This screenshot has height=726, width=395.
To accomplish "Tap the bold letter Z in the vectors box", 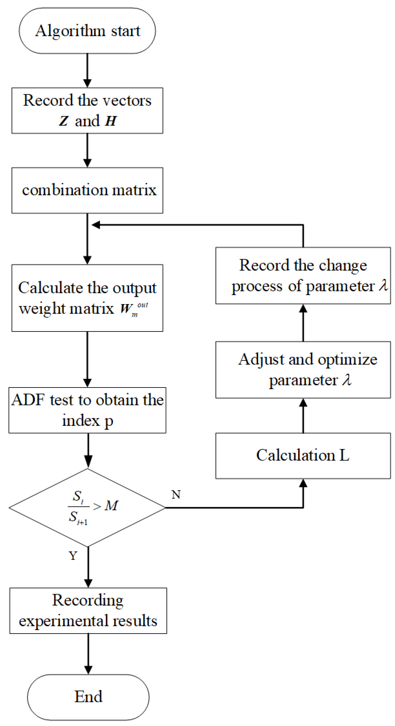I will pos(64,121).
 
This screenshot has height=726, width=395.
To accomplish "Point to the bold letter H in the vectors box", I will pos(110,121).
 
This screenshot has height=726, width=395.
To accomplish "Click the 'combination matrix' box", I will pos(87,190).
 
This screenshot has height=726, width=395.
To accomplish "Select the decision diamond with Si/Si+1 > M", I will pos(87,508).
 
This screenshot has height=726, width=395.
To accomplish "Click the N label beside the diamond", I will pos(176,495).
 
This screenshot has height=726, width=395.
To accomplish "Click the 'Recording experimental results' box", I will pos(88,610).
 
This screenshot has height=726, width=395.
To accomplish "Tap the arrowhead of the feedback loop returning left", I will pos(96,225).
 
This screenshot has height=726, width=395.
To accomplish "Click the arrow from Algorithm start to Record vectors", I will pos(87,70).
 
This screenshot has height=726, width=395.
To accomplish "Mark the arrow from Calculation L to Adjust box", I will pos(303,416).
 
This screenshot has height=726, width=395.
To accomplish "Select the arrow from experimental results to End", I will pos(88,654).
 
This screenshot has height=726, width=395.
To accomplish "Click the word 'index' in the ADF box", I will pos(81,421).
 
